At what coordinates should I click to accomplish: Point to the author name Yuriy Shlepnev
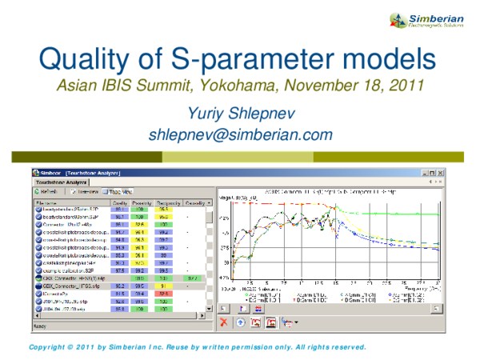(240, 114)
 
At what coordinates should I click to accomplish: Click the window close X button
(441, 173)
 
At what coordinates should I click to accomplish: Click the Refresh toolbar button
(47, 192)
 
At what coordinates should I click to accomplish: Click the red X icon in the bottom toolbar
(225, 322)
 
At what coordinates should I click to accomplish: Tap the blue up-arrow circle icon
(241, 322)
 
